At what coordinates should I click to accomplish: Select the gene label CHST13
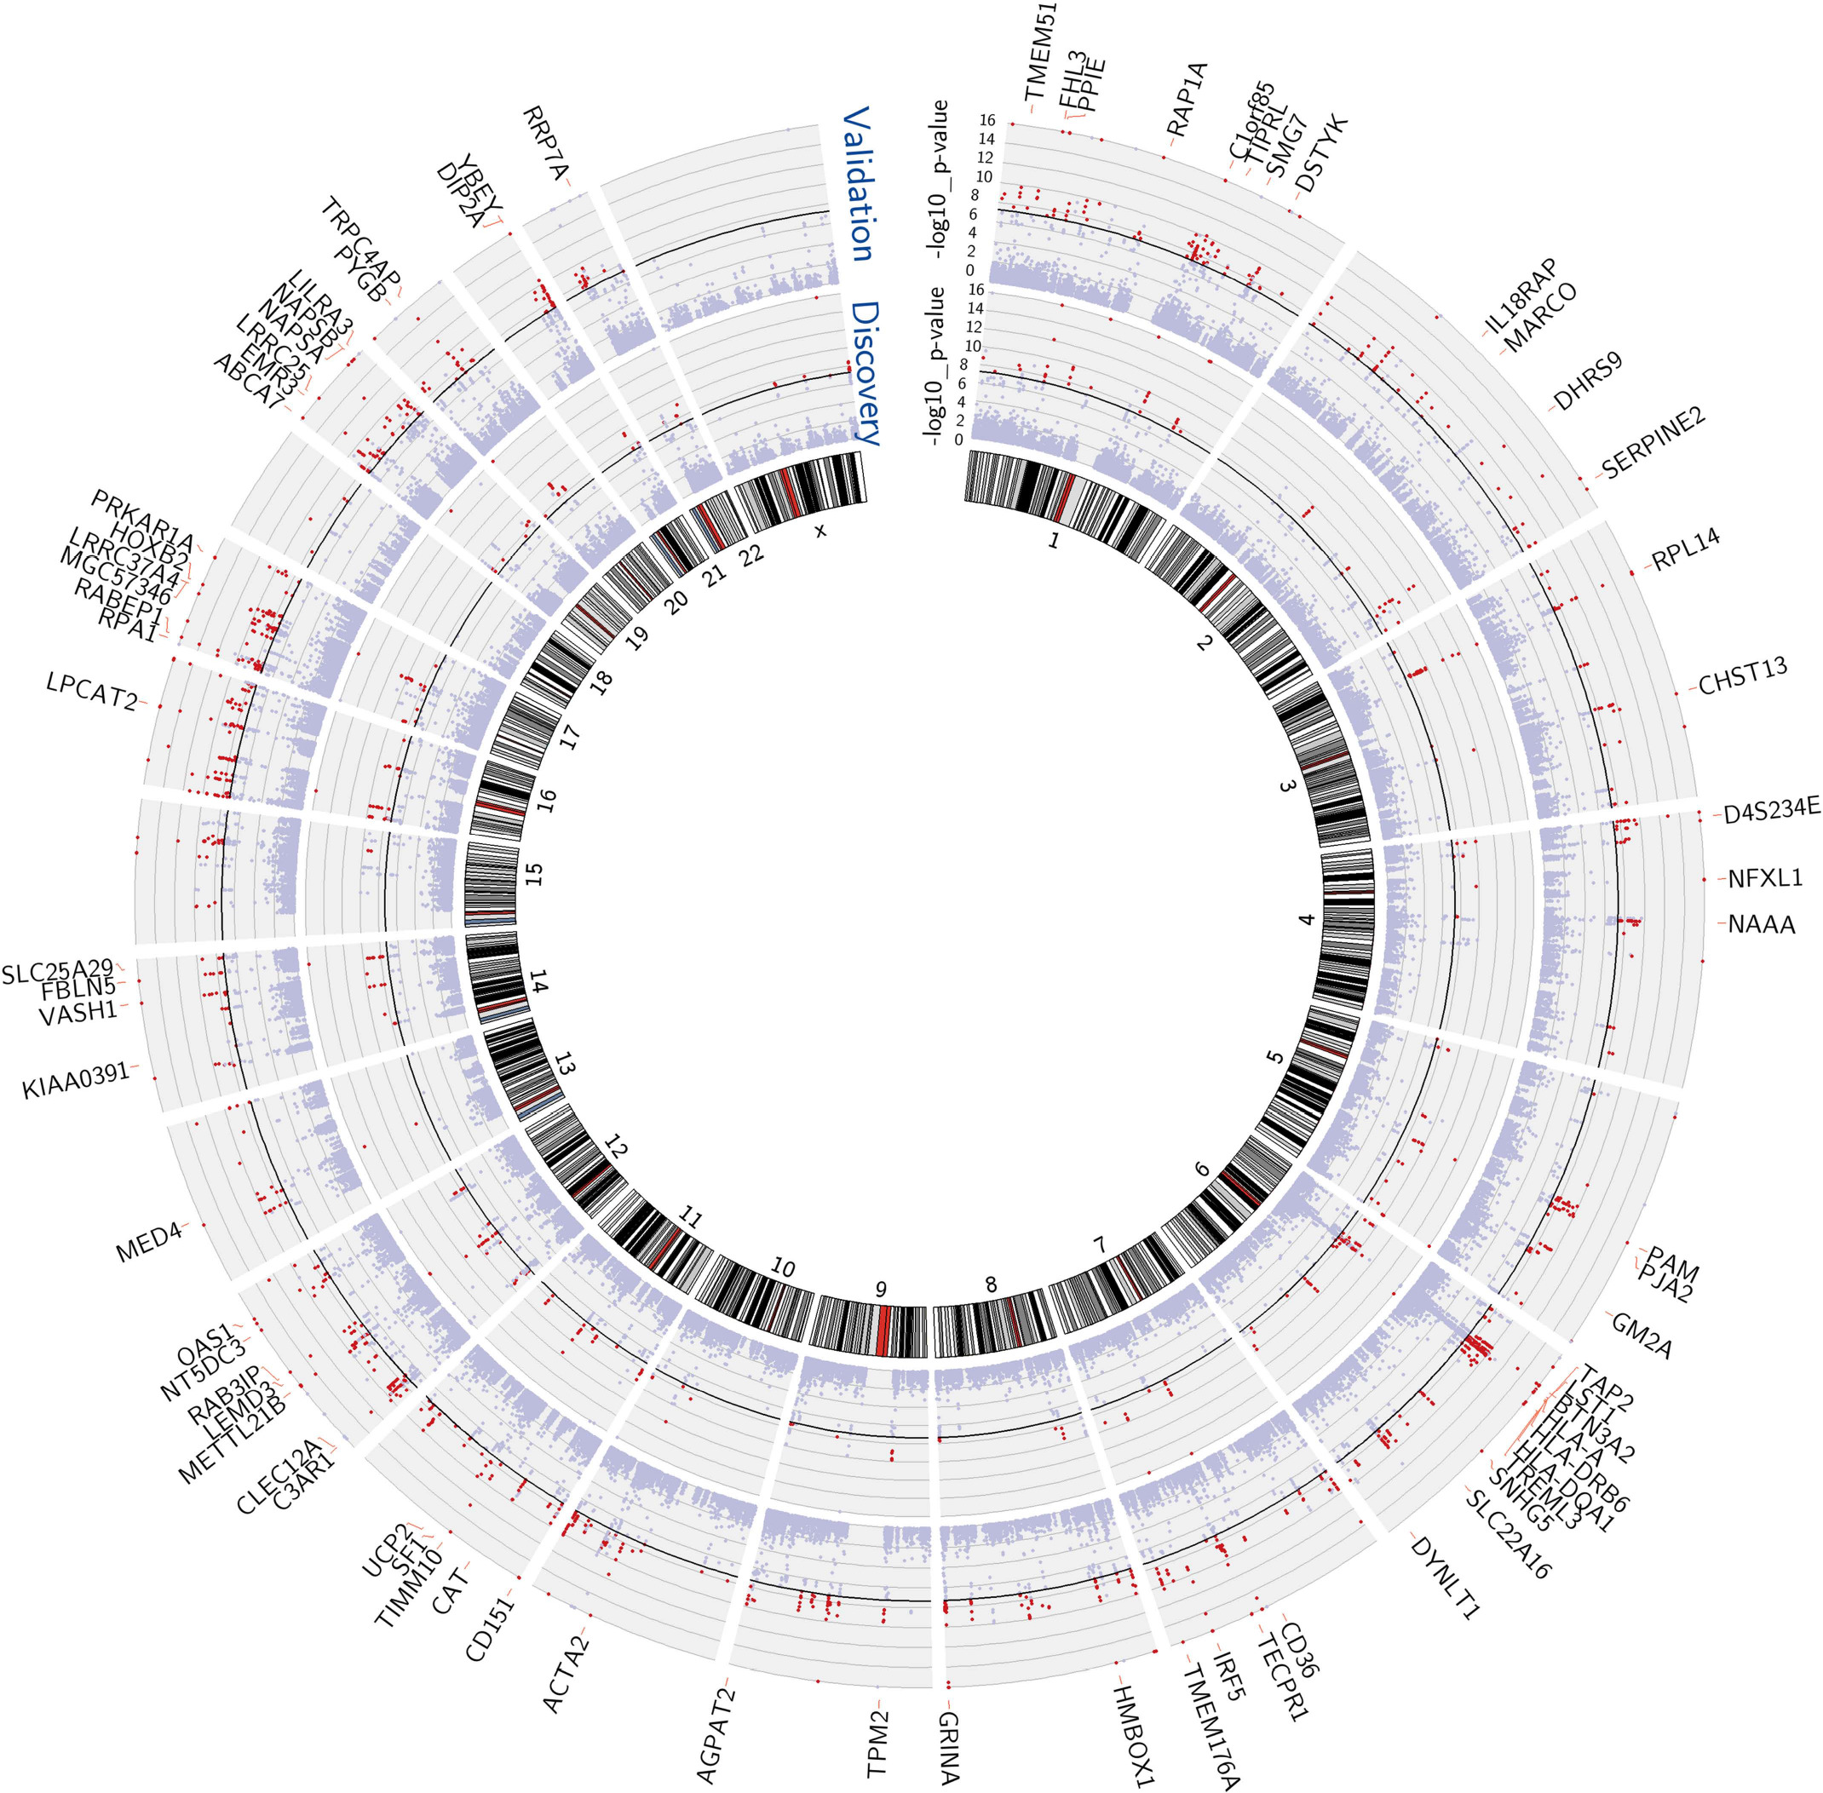(x=1743, y=677)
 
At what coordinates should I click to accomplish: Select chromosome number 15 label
(x=535, y=873)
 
